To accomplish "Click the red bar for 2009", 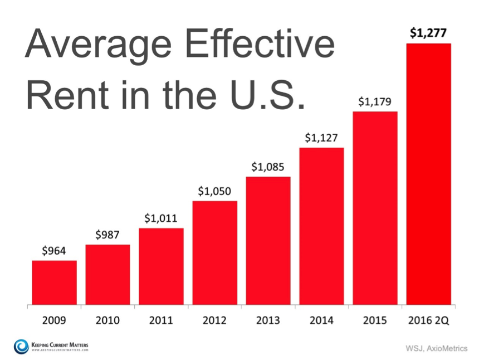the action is point(55,283).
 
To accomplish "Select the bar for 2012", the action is point(215,253).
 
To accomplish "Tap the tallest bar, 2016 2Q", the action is point(429,174).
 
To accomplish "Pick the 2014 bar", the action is point(322,226).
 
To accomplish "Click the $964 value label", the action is point(54,251).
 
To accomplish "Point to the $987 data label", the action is point(107,235).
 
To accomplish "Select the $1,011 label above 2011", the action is point(160,218).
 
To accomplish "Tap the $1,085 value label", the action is point(267,167).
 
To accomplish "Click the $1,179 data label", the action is point(374,101).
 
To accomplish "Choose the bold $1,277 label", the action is point(428,33).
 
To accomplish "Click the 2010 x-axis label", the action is point(107,320).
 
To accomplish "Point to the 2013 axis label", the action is point(268,320).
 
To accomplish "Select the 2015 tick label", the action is point(375,320).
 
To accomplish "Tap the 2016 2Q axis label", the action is point(429,320).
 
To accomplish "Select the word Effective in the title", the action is point(260,43).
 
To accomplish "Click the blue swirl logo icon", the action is point(21,347).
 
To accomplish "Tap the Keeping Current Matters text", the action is point(60,345).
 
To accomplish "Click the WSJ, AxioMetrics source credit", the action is point(437,348).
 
